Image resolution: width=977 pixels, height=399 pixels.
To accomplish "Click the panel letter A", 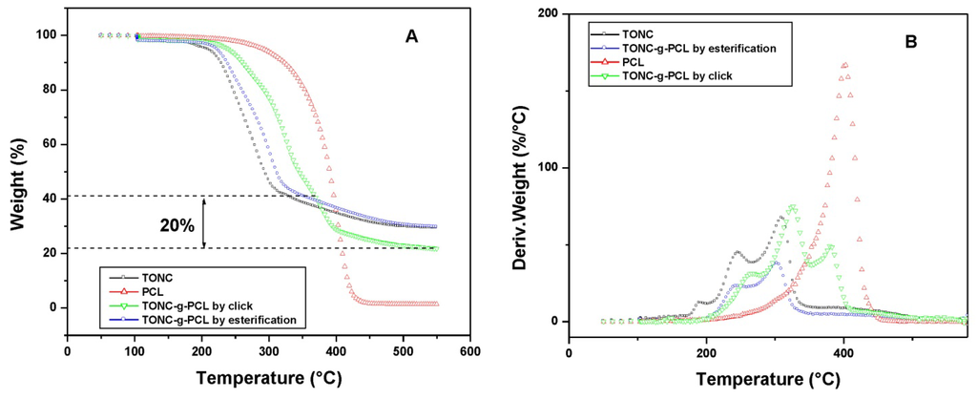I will pyautogui.click(x=411, y=35).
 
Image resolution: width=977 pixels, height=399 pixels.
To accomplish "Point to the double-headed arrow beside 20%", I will pyautogui.click(x=205, y=222).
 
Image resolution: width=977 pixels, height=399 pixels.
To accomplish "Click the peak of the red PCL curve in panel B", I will pyautogui.click(x=844, y=64).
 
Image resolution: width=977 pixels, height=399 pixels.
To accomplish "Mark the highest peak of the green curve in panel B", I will pyautogui.click(x=791, y=206).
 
